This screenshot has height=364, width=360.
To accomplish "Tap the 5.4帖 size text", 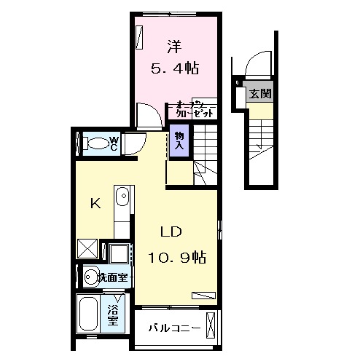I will coord(175,69).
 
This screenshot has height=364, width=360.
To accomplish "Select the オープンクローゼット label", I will coord(195,109).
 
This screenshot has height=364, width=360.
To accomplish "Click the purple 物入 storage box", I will coord(179,141).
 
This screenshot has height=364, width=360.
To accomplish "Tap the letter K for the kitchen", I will coord(95,203).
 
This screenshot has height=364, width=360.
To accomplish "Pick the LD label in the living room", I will coord(171,233).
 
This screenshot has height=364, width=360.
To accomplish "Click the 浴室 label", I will coord(114,314).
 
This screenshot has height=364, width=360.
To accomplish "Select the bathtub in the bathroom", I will coord(88,315).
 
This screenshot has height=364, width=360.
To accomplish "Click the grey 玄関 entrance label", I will coord(259,93).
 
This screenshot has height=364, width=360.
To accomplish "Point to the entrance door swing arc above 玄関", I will coord(257,68).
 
